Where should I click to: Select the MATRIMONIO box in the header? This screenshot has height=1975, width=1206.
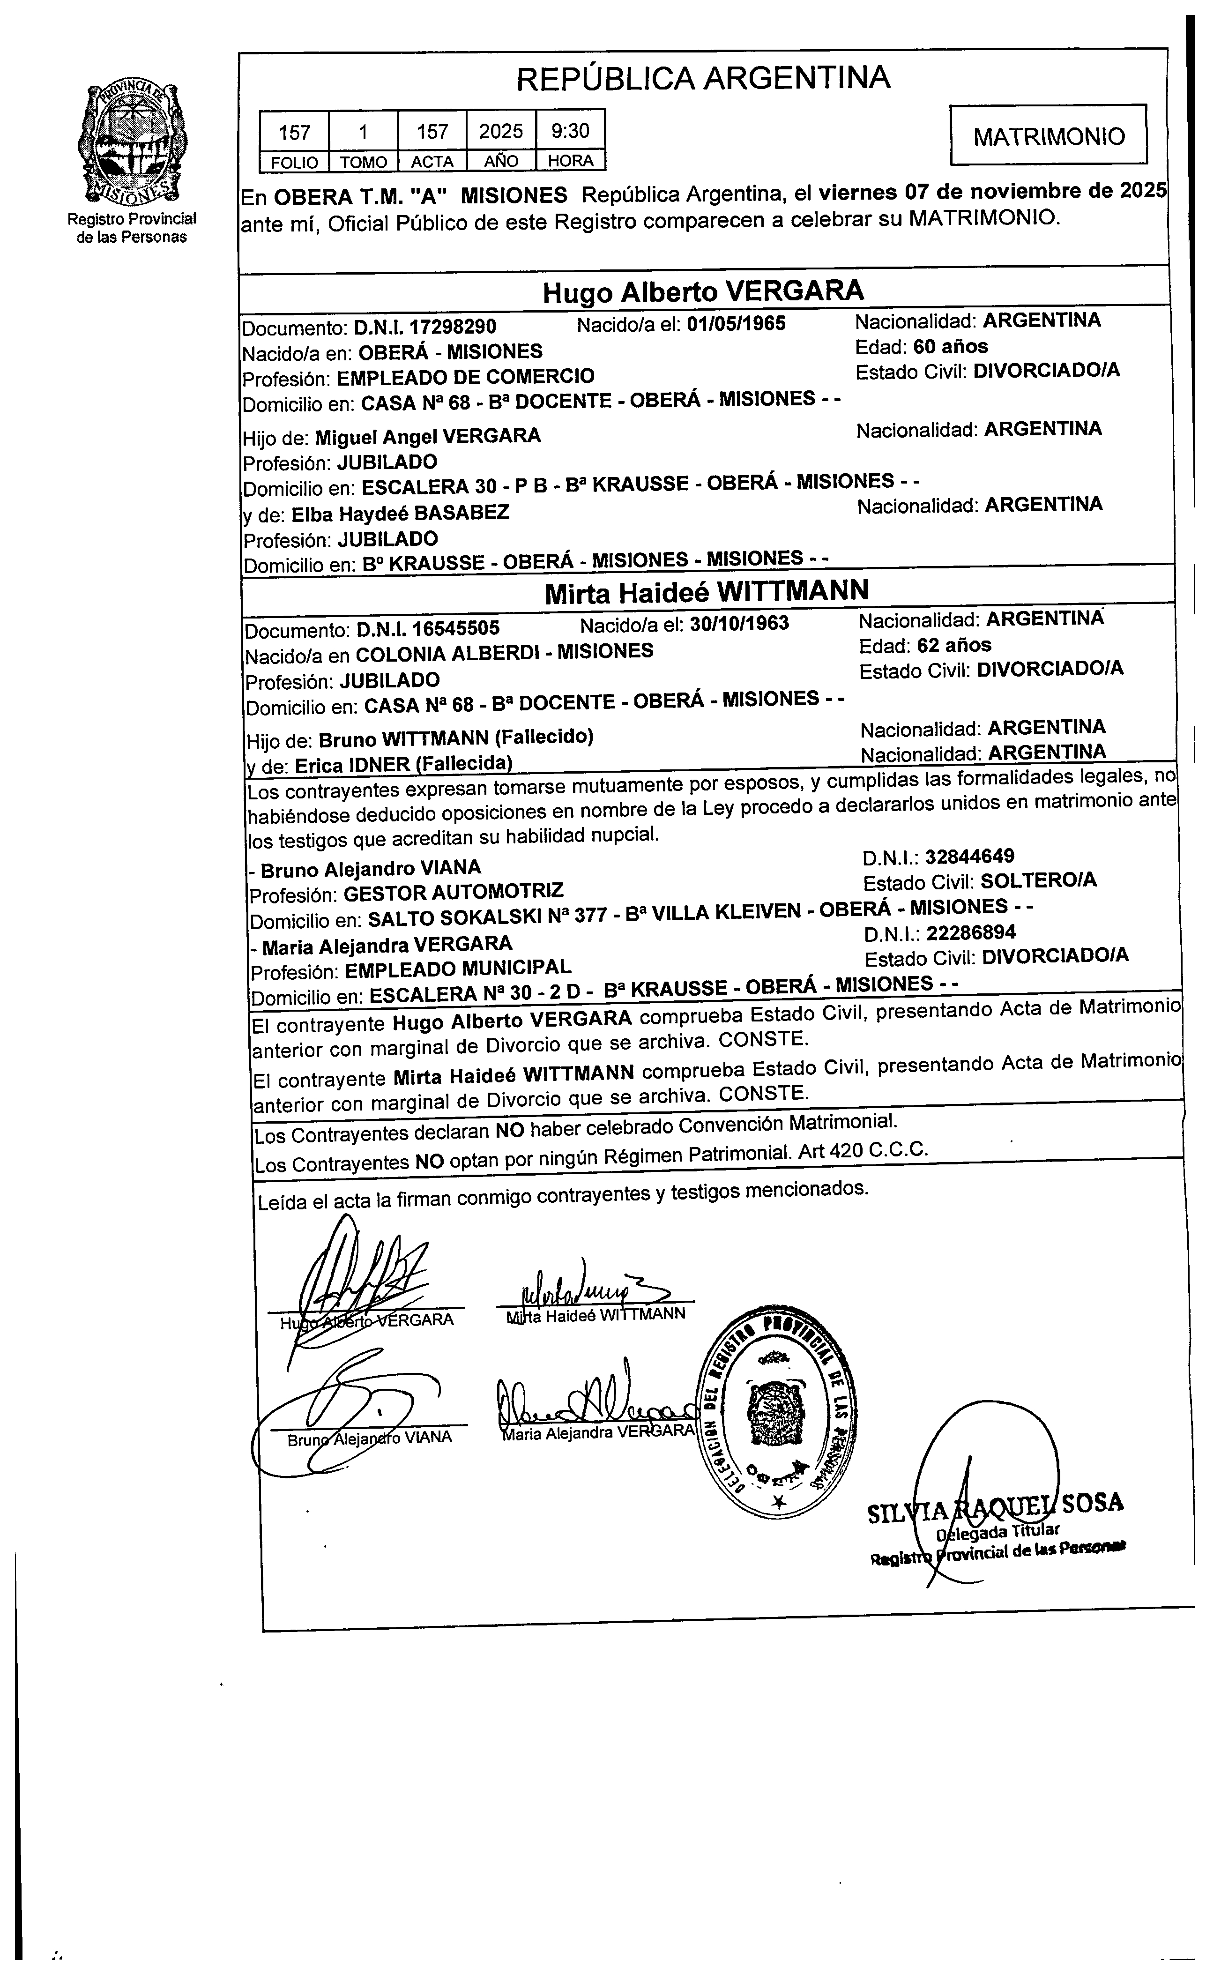coord(1048,135)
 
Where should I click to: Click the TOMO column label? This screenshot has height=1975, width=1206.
coord(363,162)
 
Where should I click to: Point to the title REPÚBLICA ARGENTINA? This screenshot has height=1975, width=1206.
coord(703,79)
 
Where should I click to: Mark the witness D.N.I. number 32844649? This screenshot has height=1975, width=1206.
coord(969,856)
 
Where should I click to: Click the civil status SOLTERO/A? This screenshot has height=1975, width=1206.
coord(1038,881)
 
